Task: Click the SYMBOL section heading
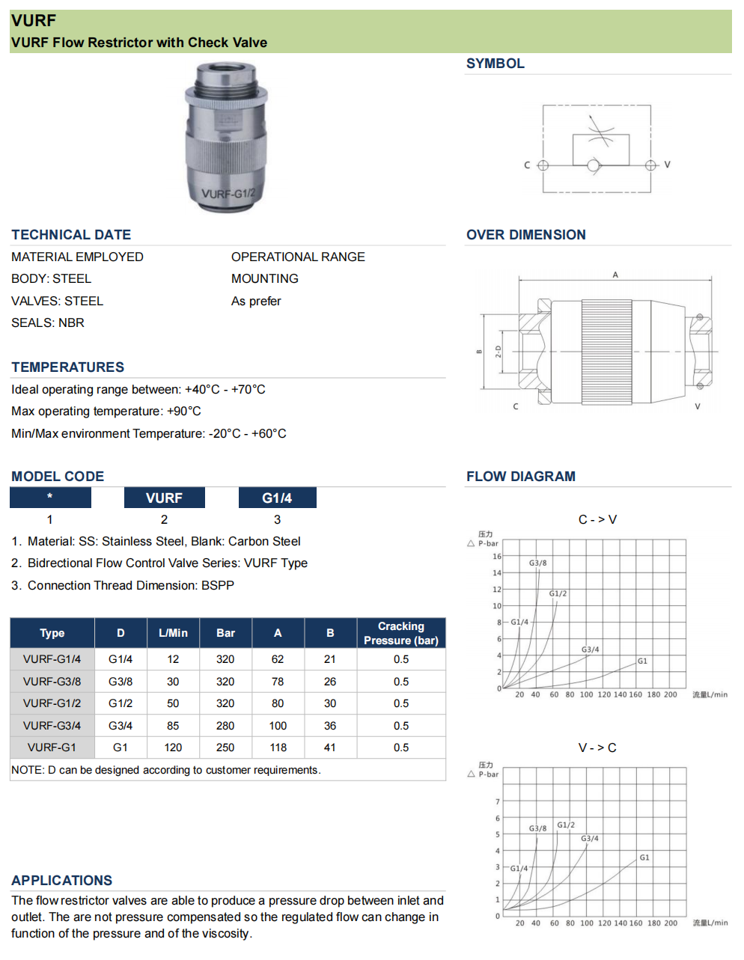point(495,64)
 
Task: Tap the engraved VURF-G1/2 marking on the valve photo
point(228,194)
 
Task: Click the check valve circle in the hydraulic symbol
point(594,165)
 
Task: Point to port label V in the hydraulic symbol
point(667,165)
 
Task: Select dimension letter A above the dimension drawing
point(615,275)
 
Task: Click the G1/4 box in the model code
point(277,498)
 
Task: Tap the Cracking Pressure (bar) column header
point(400,633)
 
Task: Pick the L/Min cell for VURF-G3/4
point(173,726)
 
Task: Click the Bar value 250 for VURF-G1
point(225,747)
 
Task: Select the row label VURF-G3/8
point(52,682)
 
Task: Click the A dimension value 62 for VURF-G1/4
point(278,659)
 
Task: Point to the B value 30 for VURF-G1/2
point(330,703)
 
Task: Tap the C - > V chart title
point(597,519)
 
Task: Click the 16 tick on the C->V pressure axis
point(497,557)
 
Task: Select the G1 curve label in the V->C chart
point(644,857)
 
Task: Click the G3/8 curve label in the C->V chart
point(537,563)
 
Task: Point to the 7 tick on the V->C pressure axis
point(497,802)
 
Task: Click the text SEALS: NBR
point(48,322)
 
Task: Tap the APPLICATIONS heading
point(61,881)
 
